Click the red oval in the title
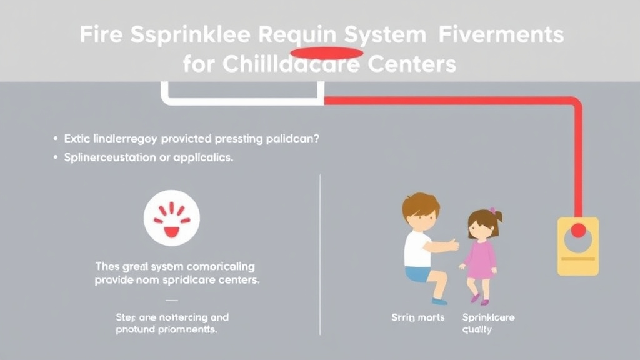[326, 52]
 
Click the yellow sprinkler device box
[577, 246]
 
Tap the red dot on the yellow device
[578, 231]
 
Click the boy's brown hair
[421, 204]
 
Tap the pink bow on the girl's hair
[492, 211]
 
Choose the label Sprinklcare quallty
[488, 323]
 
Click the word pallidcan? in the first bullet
[292, 139]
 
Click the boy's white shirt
[417, 248]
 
